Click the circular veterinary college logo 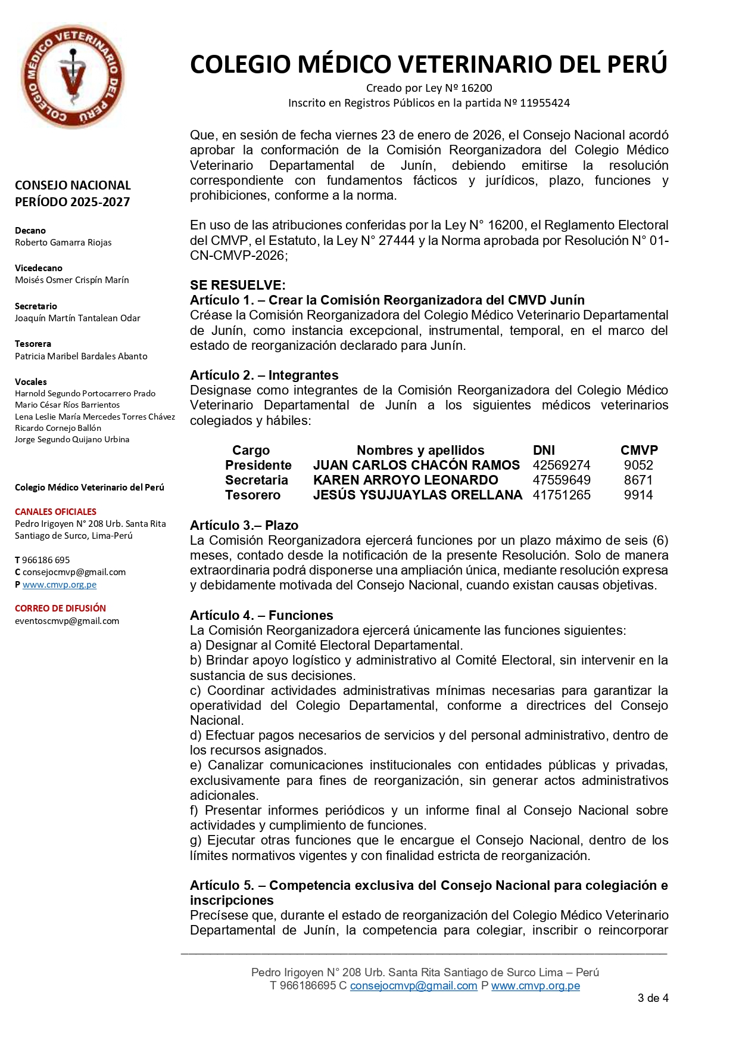click(x=73, y=76)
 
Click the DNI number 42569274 click(x=561, y=465)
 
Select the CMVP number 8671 click(x=638, y=480)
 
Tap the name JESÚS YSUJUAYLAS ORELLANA click(x=417, y=495)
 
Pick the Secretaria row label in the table click(x=256, y=480)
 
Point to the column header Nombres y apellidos click(x=420, y=451)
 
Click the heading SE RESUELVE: click(x=238, y=285)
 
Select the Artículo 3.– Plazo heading click(x=244, y=526)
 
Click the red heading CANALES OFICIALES click(x=55, y=512)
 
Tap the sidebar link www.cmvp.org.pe click(x=60, y=585)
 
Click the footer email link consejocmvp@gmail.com click(x=413, y=986)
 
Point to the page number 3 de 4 click(x=653, y=998)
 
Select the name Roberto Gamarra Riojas click(x=63, y=243)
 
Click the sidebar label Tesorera click(x=33, y=344)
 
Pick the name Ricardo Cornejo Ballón click(x=58, y=428)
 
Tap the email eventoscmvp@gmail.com click(x=67, y=621)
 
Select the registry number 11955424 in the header click(x=544, y=103)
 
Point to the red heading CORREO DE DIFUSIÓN click(x=60, y=609)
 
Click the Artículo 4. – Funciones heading click(x=261, y=616)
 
